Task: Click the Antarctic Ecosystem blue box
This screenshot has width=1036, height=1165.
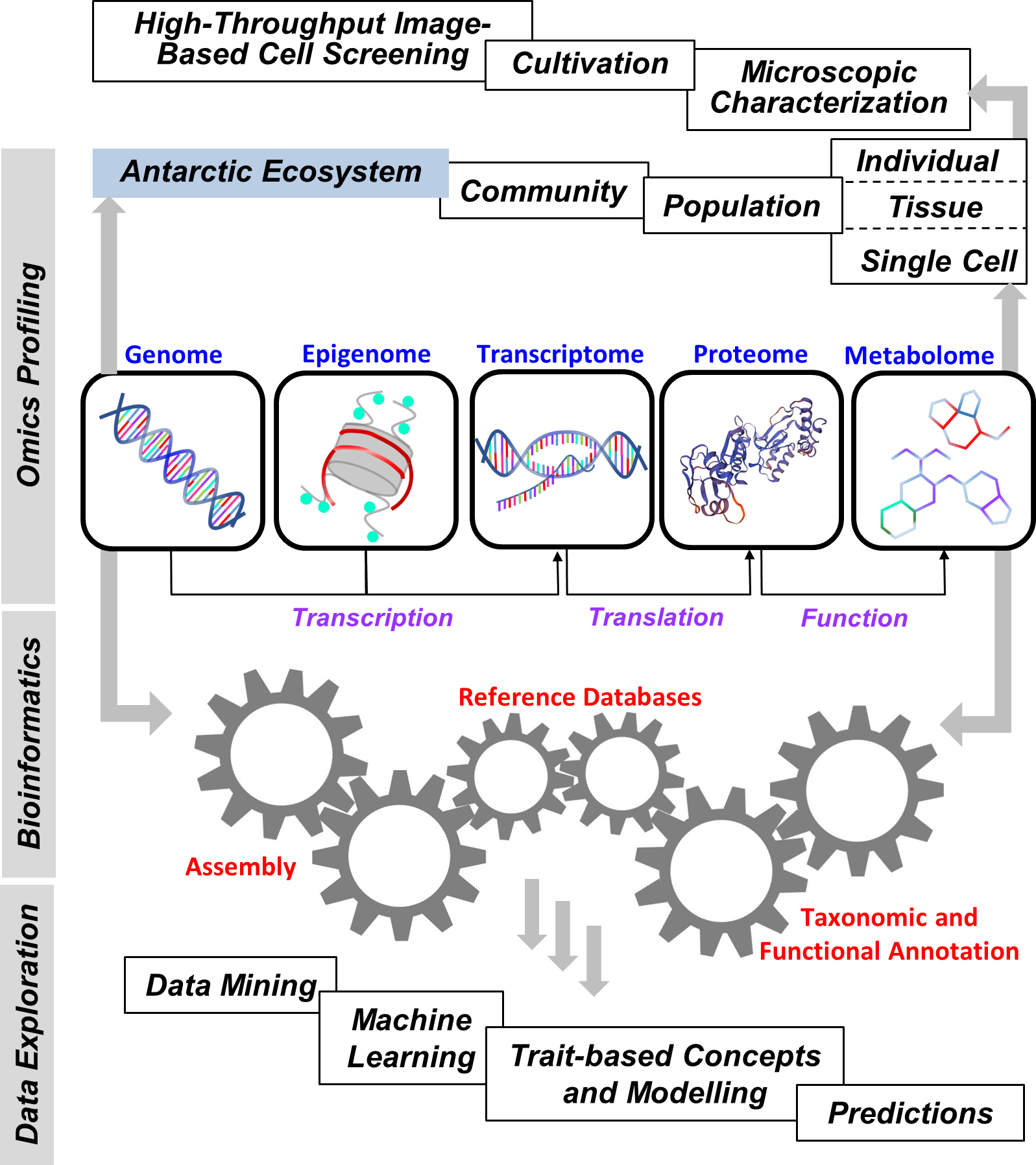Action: (271, 173)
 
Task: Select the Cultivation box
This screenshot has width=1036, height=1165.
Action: (590, 65)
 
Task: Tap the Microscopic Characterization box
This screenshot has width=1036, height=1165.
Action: (828, 89)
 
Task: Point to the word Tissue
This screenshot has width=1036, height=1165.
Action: (935, 208)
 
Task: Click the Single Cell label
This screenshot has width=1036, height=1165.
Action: (938, 261)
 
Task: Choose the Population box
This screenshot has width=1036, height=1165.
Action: (741, 206)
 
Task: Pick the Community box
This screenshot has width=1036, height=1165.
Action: (543, 191)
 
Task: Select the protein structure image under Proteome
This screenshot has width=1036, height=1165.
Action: (751, 460)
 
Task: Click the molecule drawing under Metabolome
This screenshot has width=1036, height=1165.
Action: (943, 460)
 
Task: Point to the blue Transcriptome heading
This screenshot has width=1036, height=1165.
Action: (560, 354)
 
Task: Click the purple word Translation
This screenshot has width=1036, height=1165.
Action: (656, 617)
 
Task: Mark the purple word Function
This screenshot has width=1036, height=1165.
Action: (854, 618)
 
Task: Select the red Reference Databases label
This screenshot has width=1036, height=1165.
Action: (579, 697)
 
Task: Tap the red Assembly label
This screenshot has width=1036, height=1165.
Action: (241, 867)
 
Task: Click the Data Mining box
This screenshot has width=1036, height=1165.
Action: (231, 985)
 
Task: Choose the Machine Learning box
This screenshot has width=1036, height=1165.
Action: (411, 1039)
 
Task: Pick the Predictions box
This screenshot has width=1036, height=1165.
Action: (910, 1113)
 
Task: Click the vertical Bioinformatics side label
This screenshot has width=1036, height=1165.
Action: (29, 743)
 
